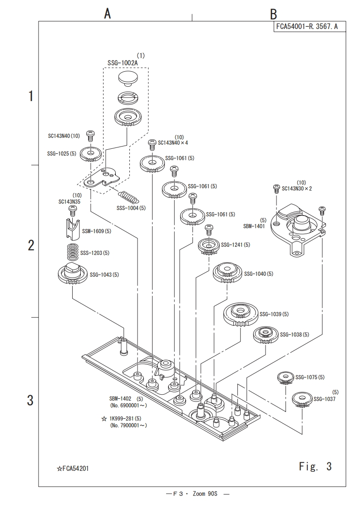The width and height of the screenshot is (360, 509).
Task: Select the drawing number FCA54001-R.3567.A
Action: tap(307, 27)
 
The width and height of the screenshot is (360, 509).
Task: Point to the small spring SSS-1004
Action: tap(128, 197)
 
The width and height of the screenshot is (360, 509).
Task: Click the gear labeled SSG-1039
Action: tap(240, 313)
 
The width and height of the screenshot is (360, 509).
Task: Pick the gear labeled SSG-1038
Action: tap(265, 334)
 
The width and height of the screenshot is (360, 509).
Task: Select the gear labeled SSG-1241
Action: tap(208, 245)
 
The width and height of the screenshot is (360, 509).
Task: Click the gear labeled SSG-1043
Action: tap(73, 273)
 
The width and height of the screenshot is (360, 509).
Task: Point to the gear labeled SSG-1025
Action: tap(90, 155)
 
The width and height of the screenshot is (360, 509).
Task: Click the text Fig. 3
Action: tap(315, 466)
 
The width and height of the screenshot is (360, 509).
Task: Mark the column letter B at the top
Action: tap(273, 14)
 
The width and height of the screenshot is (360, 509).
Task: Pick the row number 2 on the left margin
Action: tap(31, 245)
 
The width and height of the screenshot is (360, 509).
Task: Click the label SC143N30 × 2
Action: tap(297, 188)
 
